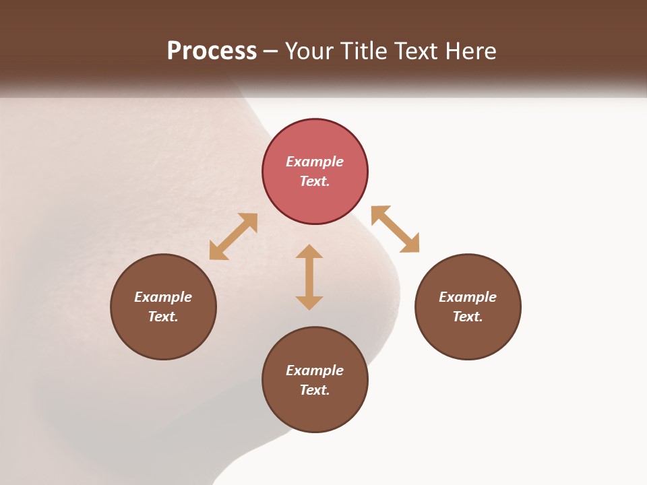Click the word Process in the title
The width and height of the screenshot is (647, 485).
click(212, 51)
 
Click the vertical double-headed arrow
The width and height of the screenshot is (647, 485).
click(309, 277)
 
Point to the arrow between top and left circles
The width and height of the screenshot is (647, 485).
click(233, 236)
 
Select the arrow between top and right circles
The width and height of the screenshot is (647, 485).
click(395, 229)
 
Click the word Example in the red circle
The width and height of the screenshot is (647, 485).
click(315, 162)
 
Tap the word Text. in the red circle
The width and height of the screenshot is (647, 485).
click(315, 181)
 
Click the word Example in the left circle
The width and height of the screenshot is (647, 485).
click(163, 297)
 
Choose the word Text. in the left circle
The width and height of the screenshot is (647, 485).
click(163, 317)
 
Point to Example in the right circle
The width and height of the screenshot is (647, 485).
click(468, 297)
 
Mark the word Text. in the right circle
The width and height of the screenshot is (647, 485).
click(468, 317)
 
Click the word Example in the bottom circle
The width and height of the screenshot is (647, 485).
click(315, 370)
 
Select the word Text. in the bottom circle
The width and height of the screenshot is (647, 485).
click(315, 390)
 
